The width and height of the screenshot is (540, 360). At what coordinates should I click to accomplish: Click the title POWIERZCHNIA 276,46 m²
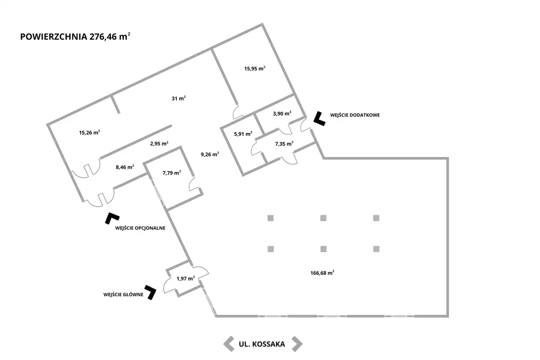click(x=75, y=36)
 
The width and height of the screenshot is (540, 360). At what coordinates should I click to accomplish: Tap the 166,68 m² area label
click(x=322, y=273)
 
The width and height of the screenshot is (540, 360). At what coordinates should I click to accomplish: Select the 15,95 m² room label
click(x=254, y=68)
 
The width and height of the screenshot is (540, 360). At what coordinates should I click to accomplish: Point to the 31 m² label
click(x=178, y=98)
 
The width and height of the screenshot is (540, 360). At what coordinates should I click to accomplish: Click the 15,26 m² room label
click(x=89, y=133)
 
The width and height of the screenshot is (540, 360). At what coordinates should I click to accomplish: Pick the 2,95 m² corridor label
click(x=159, y=143)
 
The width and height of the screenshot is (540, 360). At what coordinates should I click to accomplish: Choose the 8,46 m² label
click(x=125, y=167)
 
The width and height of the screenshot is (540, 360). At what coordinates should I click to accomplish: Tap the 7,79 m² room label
click(x=172, y=173)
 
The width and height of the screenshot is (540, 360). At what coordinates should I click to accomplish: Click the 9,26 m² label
click(x=210, y=154)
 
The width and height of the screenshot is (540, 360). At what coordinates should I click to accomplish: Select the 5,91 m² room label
click(x=243, y=134)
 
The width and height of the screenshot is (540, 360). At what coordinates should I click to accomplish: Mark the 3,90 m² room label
click(x=282, y=114)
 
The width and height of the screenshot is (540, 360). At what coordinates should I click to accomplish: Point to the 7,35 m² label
click(x=284, y=144)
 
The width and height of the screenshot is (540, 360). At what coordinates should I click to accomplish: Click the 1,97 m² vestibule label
click(x=185, y=279)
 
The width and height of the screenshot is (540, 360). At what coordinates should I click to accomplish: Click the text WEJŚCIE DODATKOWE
click(x=355, y=115)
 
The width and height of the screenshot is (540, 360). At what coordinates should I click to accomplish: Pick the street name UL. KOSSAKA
click(x=262, y=344)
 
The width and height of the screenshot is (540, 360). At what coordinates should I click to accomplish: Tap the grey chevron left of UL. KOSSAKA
click(x=229, y=344)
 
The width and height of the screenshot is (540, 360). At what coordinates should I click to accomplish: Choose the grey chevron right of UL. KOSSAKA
click(x=297, y=344)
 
